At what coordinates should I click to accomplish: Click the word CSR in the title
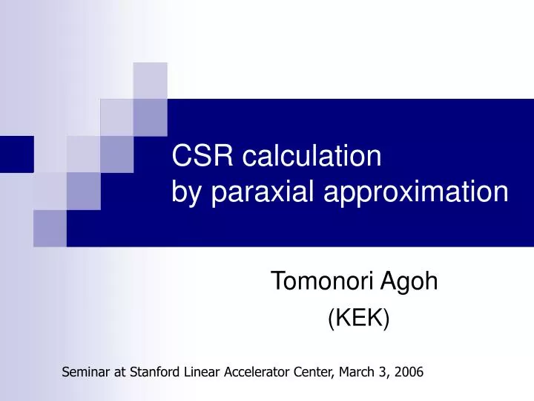pos(200,157)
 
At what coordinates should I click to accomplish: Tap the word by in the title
pos(187,192)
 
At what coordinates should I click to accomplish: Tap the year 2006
pos(409,373)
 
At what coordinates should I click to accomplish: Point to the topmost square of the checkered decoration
pos(150,80)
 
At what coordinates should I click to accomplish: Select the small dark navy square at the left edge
pos(16,154)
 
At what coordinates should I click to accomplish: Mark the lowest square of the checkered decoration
pos(50,228)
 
